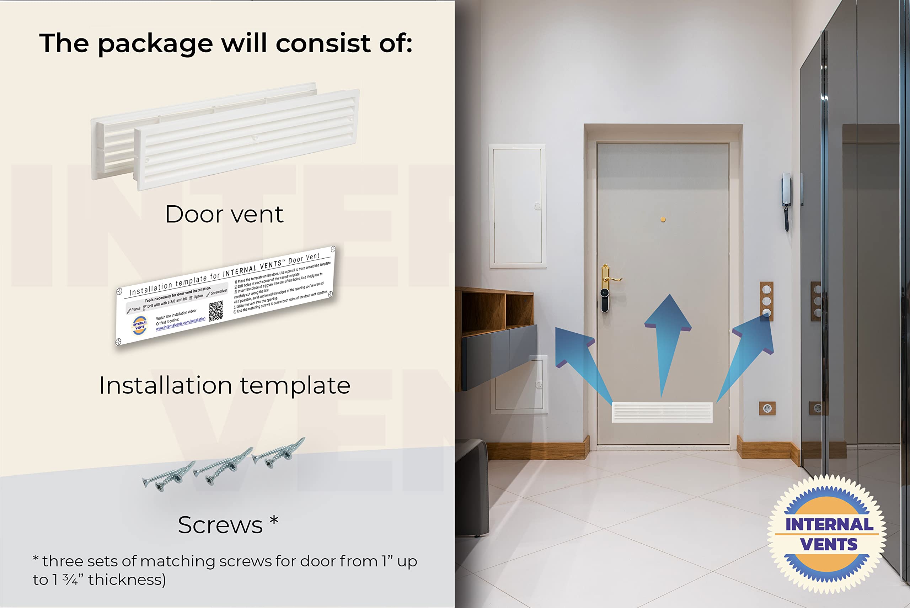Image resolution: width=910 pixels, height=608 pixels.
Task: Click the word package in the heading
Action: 155,44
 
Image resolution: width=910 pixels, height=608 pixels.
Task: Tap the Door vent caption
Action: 224,215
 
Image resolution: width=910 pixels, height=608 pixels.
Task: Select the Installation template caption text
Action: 224,386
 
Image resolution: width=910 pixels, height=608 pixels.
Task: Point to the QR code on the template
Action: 216,311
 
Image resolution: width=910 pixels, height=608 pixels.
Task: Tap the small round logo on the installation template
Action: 140,325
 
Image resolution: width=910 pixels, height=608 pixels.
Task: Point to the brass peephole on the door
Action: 663,220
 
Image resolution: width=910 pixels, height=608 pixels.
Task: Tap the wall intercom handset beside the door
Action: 786,202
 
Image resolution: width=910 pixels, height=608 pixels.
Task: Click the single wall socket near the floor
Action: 767,408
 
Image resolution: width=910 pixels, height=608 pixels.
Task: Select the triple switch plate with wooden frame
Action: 766,301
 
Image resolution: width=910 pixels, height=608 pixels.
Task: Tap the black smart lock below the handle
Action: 604,300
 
